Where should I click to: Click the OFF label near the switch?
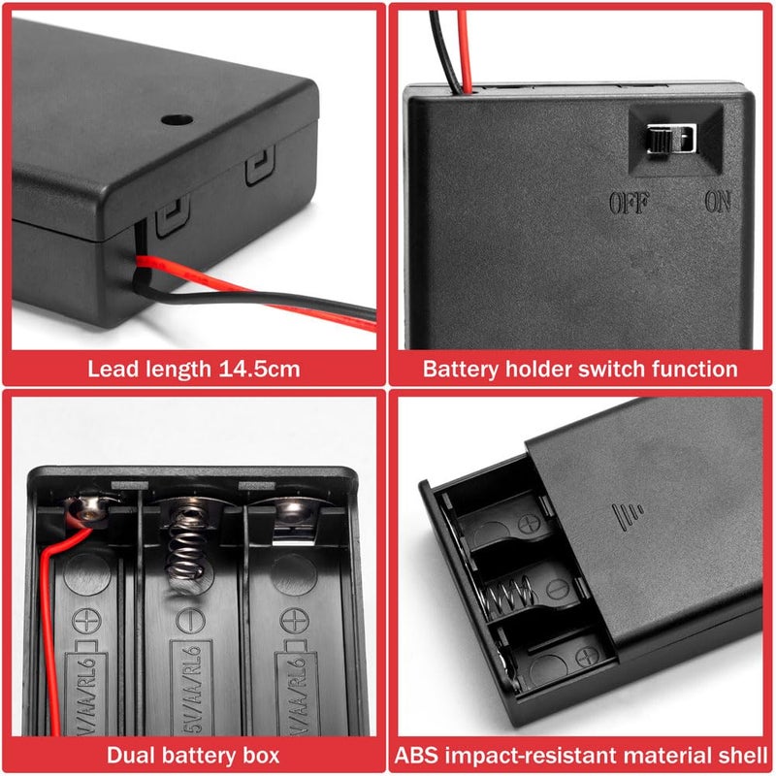click(629, 203)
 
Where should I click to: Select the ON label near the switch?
click(718, 203)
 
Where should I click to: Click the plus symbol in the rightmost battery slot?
click(293, 618)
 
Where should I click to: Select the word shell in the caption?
click(740, 755)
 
